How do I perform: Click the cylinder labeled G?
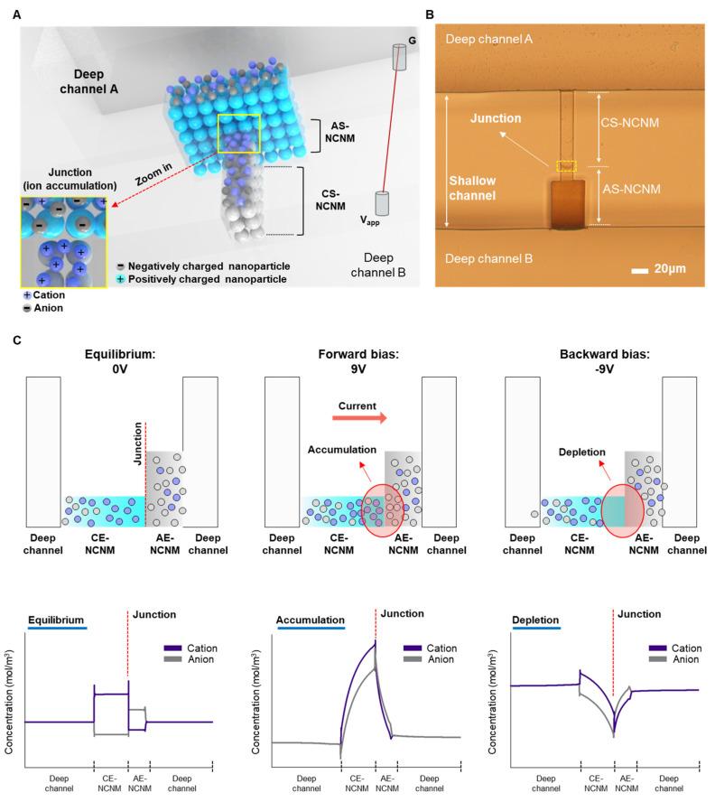pyautogui.click(x=400, y=59)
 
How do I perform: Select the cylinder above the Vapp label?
pyautogui.click(x=382, y=203)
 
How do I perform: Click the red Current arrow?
pyautogui.click(x=356, y=418)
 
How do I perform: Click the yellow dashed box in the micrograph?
pyautogui.click(x=566, y=165)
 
